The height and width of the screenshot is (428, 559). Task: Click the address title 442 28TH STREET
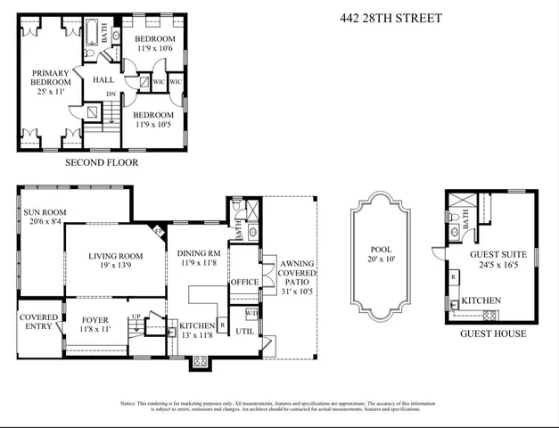tap(391, 18)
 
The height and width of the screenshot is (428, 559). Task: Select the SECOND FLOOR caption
tap(102, 163)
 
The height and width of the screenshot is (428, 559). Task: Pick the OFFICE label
tap(243, 283)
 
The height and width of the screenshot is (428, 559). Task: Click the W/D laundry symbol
tap(251, 313)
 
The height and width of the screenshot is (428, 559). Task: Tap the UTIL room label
tap(244, 331)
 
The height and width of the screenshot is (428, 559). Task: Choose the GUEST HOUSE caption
tap(492, 334)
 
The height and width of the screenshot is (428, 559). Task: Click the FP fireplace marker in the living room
tap(160, 231)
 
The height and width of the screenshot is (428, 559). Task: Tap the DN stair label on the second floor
tap(111, 93)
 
